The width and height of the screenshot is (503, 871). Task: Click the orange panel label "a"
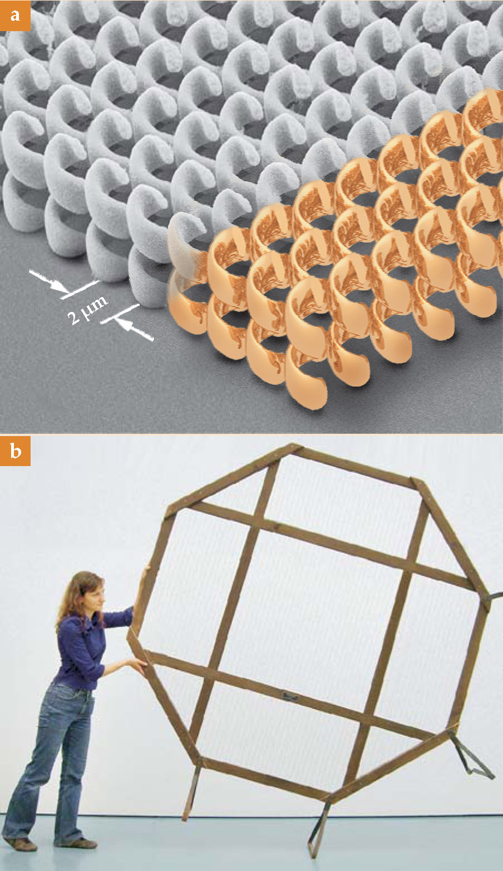15,16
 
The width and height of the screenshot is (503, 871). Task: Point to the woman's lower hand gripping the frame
137,665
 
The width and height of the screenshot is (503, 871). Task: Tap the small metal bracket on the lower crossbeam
290,699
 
